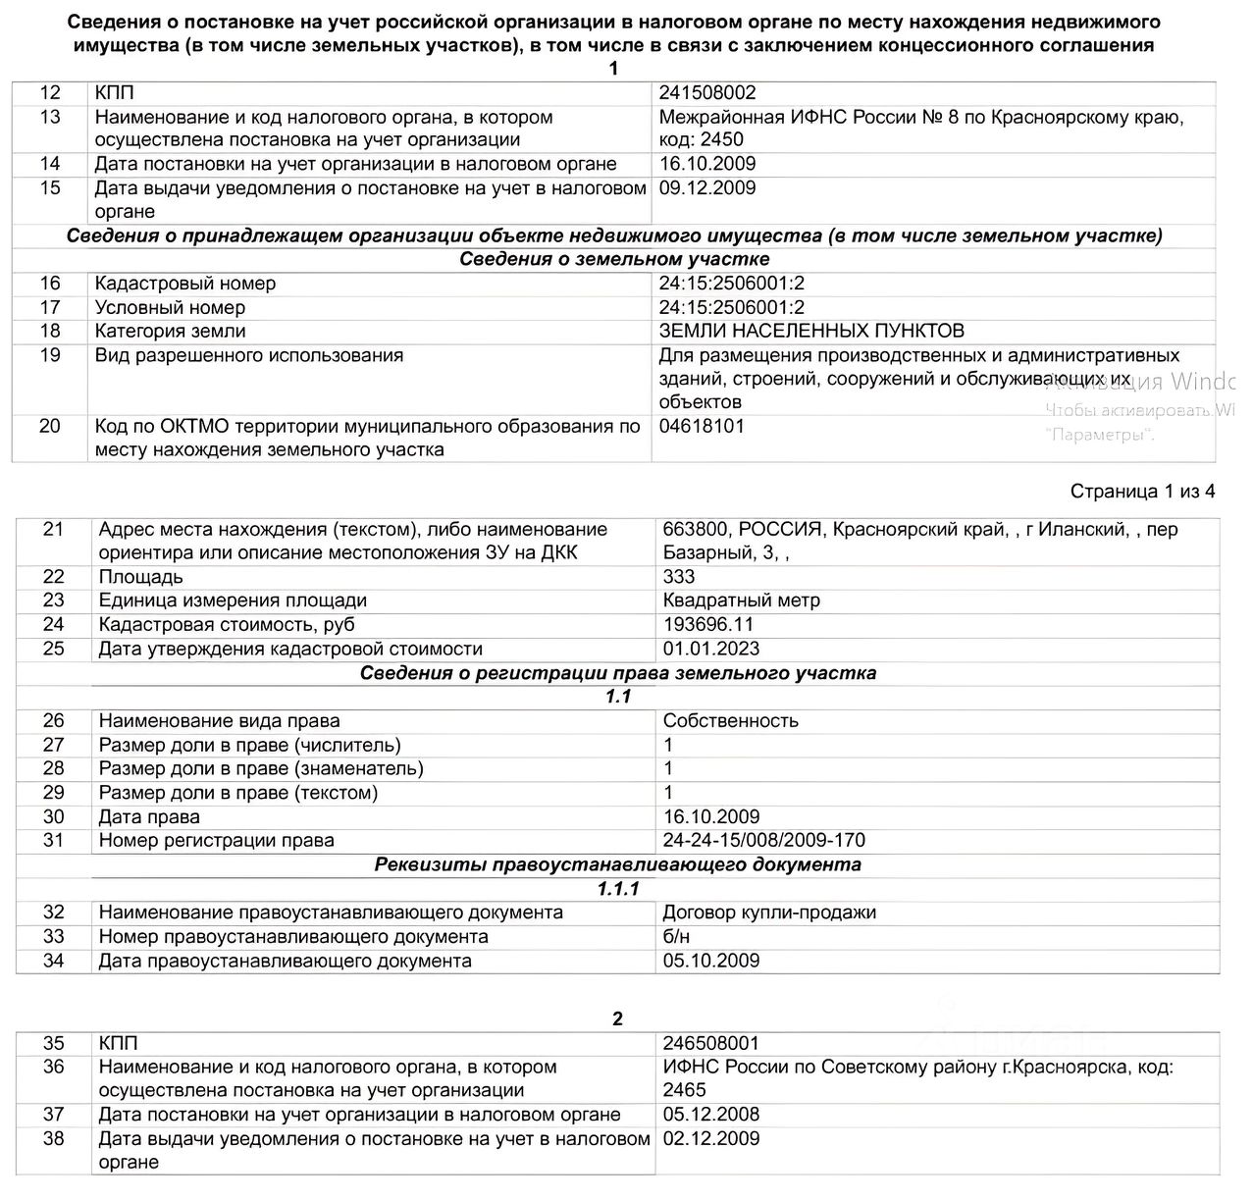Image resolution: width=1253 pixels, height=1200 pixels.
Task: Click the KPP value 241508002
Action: coord(707,93)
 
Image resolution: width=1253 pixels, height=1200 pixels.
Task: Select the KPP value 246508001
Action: coord(711,1043)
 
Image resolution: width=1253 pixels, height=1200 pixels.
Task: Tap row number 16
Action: coord(50,284)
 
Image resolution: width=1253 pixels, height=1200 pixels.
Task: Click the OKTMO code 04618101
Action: coord(702,426)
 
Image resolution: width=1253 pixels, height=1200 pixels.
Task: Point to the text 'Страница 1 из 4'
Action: coord(1142,492)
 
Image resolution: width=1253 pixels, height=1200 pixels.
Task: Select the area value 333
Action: coord(679,577)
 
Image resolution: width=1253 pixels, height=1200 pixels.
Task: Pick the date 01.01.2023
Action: coord(711,649)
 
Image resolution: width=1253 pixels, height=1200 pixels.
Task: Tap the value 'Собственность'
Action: coord(731,720)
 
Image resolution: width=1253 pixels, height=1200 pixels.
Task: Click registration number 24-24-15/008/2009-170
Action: coord(764,840)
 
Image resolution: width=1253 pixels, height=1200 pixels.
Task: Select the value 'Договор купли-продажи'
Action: coord(769,913)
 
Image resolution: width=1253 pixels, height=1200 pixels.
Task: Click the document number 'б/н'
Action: coord(676,936)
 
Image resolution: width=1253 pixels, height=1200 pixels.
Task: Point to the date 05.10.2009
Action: coord(711,961)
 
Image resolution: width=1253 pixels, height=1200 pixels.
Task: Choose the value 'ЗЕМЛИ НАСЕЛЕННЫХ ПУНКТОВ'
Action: coord(811,331)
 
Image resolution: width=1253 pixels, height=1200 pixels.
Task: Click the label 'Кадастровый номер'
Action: coord(185,284)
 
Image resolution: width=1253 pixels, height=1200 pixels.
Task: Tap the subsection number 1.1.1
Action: coord(618,889)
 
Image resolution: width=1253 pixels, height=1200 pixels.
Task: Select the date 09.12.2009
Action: coord(707,188)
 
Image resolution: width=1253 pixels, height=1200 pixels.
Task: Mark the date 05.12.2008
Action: coord(711,1115)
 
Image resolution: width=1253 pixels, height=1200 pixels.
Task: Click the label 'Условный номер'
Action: coord(170,307)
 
